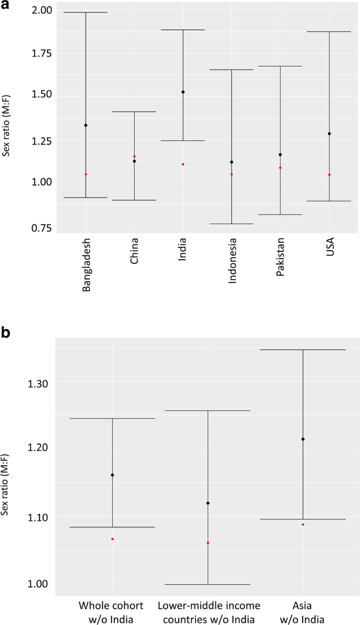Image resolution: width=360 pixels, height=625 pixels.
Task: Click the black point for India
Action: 183,92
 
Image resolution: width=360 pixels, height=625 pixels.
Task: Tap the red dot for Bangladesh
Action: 86,174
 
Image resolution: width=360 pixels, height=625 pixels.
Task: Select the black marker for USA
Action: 329,134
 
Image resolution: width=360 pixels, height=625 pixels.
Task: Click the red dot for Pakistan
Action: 280,168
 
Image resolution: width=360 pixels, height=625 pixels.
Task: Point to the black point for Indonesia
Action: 232,162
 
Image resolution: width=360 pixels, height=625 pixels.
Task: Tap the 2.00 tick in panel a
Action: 38,11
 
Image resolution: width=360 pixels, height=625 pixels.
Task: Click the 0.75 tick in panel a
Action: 38,228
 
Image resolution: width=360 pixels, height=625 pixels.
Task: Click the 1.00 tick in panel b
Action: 37,584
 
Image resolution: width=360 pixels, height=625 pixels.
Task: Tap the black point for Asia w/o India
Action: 303,439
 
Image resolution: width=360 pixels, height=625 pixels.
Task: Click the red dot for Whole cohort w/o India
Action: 112,539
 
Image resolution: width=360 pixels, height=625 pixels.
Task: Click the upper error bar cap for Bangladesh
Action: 86,12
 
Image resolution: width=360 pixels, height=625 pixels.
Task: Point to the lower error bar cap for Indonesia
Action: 232,224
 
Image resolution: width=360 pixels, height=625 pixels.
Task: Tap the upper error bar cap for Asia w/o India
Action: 303,350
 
